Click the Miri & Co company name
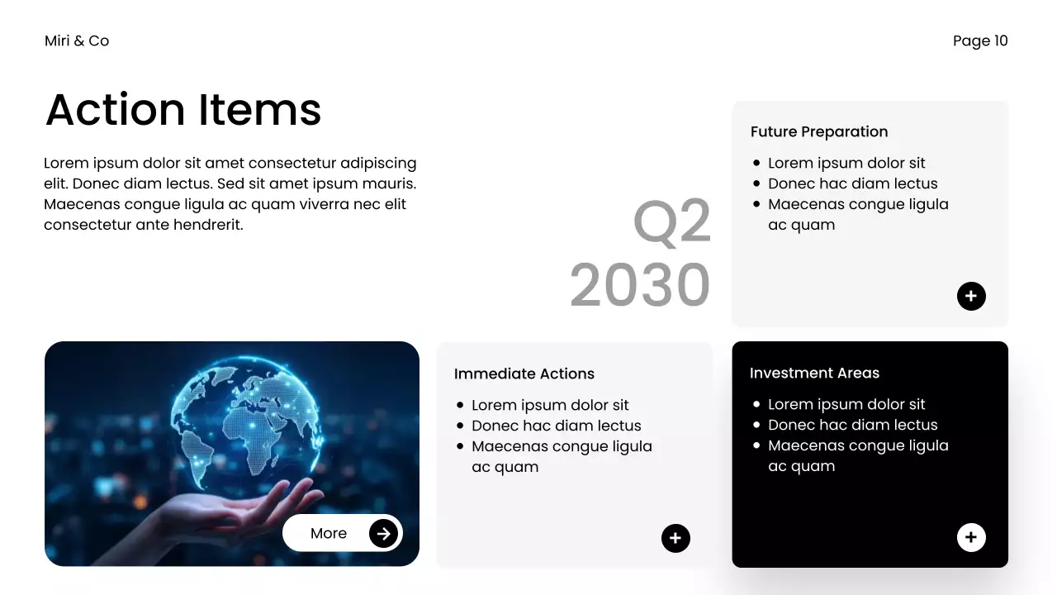pos(77,41)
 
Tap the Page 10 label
pos(980,41)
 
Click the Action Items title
pos(183,110)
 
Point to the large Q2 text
pos(672,221)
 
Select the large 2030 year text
pos(640,284)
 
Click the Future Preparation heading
pos(819,131)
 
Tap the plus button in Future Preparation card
pos(971,296)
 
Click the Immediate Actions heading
pos(524,374)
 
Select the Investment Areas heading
pos(814,373)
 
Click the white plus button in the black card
pos(971,537)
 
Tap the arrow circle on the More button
pos(383,534)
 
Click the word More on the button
pos(329,534)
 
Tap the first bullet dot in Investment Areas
pos(756,404)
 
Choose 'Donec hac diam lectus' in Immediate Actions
pos(557,426)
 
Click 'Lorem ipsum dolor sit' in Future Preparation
pos(846,164)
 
